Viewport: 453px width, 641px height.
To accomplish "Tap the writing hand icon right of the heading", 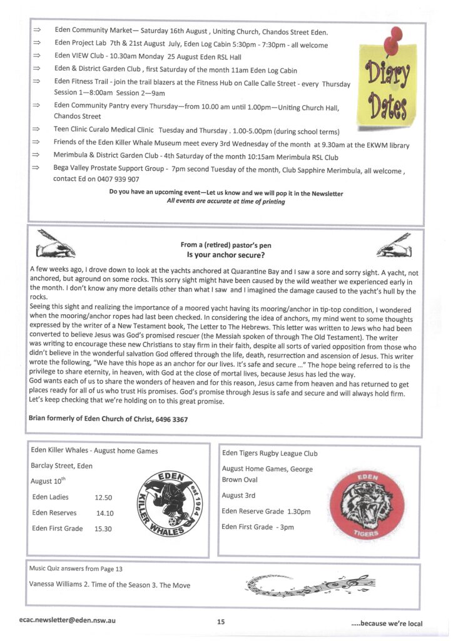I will click(x=394, y=246).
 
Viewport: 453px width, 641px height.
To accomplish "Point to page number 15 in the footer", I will click(x=221, y=622).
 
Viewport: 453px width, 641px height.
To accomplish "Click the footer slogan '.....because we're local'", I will click(x=386, y=623).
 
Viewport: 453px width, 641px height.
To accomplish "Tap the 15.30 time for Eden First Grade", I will click(x=103, y=529).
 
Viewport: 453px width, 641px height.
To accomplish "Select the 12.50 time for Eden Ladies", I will click(x=103, y=498).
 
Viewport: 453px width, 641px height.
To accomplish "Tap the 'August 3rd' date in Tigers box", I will click(x=238, y=495).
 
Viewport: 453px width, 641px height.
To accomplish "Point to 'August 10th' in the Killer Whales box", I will click(x=48, y=481).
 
